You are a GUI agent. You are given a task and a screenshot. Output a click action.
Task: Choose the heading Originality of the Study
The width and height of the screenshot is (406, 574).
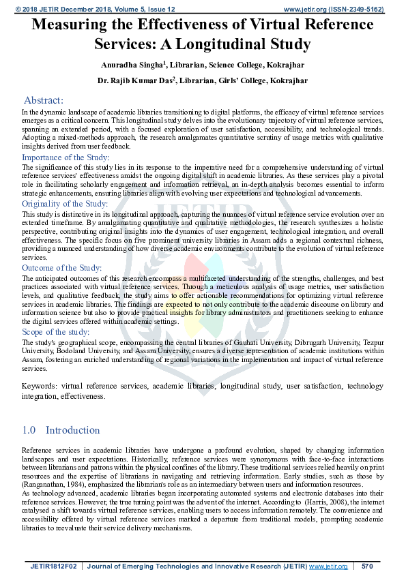64,204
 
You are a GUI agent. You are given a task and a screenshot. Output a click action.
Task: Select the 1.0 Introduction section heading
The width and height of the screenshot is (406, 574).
61,430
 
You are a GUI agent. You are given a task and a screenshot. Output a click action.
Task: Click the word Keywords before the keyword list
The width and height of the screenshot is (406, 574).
39,387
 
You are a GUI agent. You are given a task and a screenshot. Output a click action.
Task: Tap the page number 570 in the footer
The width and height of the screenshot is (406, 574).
367,567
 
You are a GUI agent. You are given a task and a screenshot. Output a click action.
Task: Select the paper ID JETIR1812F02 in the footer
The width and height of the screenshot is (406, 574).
50,567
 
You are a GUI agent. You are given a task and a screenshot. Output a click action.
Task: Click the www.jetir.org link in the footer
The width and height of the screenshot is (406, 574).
328,567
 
